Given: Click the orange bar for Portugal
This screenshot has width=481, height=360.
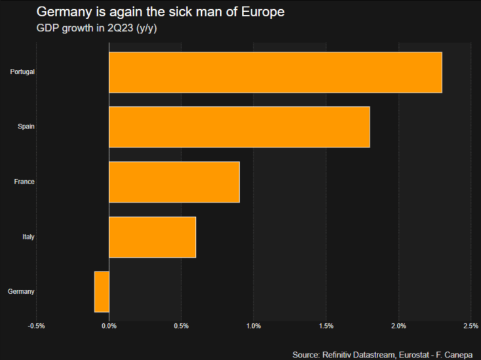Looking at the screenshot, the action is [x=275, y=72].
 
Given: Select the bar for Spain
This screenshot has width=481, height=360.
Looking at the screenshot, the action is [x=239, y=127].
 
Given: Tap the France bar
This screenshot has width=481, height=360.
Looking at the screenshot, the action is [x=174, y=182].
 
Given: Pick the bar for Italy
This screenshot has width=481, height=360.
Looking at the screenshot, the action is [x=153, y=237].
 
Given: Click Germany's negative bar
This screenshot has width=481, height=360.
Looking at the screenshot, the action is [x=102, y=292].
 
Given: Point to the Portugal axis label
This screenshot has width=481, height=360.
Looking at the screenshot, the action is [x=22, y=72].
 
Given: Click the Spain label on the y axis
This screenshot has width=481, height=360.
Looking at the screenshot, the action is [x=26, y=127].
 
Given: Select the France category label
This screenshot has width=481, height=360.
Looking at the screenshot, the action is [x=24, y=182].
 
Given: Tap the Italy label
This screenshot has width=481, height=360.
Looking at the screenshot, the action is [x=28, y=237].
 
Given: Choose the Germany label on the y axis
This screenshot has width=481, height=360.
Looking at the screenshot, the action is [x=21, y=292].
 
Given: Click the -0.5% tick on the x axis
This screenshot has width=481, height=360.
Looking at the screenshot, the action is [x=36, y=326].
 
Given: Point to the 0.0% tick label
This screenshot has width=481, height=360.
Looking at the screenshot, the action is [x=109, y=326].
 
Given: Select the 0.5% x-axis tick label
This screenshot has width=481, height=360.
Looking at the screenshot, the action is [x=182, y=326].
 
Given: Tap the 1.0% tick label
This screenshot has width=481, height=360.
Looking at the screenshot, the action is [x=254, y=326].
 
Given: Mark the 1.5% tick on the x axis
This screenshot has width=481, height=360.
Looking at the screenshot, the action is [x=326, y=326].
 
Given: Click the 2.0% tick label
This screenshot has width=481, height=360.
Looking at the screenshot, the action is [x=398, y=326].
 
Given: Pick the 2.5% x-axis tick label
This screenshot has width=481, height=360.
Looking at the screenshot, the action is [x=471, y=326].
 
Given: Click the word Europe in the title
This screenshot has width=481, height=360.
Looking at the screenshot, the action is [x=263, y=12].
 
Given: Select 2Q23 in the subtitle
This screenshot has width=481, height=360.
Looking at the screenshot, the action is [x=120, y=28].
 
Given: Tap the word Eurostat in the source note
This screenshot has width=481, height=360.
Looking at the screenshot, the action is [x=414, y=355].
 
